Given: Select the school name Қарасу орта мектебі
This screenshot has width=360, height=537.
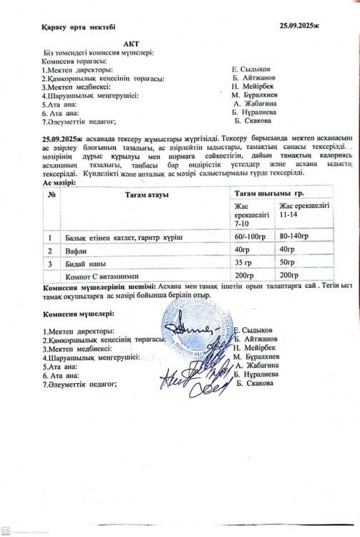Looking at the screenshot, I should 74,27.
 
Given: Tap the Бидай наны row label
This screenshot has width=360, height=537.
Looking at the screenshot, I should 87,264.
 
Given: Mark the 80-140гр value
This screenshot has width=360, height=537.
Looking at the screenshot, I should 295,236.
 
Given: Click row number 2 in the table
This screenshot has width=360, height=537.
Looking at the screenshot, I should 50,251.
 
